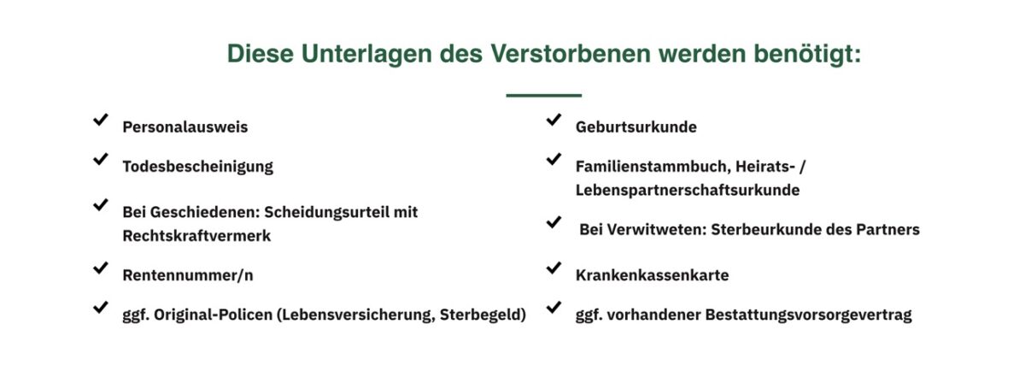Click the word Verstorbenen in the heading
point(571,53)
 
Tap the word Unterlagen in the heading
point(366,54)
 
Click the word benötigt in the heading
point(807,54)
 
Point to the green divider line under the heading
point(543,95)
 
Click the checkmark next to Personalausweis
point(101,120)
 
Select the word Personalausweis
point(184,127)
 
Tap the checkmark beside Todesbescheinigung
point(101,159)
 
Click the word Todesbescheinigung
point(197,167)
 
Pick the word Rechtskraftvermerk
point(196,236)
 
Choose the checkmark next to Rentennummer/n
point(101,268)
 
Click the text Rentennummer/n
point(188,275)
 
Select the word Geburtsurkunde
point(636,127)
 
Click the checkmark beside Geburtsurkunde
point(553,120)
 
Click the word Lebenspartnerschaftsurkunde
point(688,190)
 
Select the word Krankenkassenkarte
point(652,275)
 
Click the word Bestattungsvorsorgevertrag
point(809,315)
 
